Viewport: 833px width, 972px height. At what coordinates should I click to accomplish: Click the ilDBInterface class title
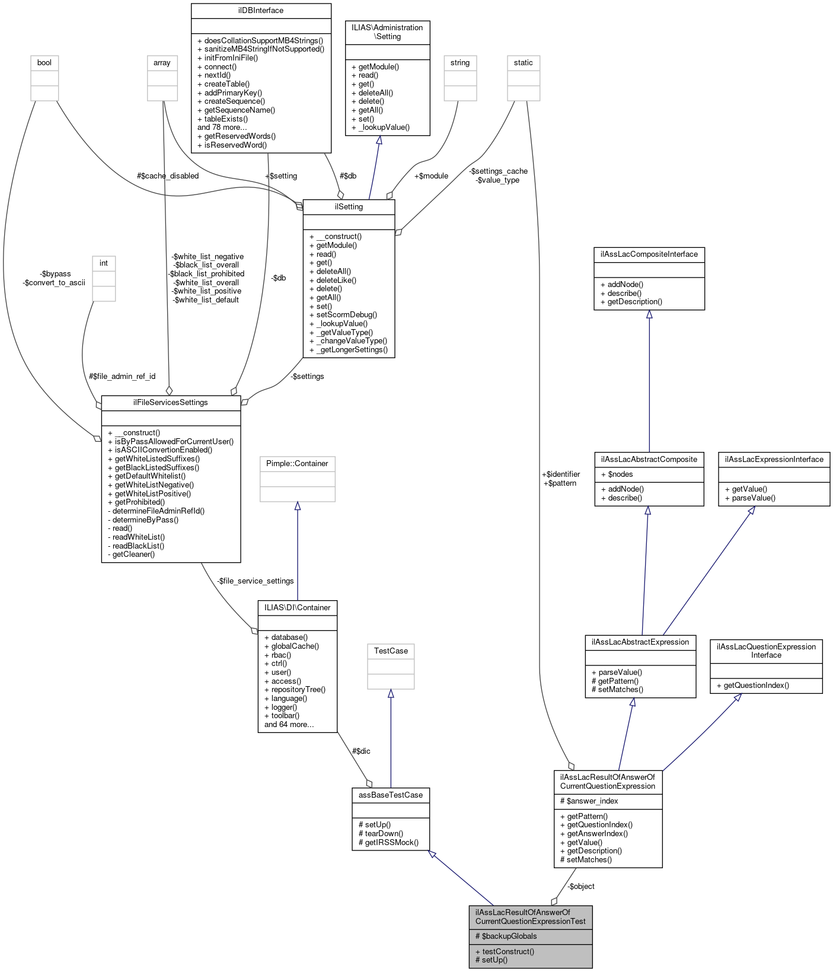click(260, 11)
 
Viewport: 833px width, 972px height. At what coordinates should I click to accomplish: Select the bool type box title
click(44, 63)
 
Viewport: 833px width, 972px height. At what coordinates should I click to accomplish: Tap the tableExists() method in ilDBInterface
click(222, 119)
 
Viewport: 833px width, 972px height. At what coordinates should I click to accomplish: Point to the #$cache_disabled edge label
click(168, 176)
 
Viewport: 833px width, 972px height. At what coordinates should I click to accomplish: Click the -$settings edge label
click(307, 377)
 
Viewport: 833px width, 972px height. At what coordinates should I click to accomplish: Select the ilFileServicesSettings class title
click(171, 403)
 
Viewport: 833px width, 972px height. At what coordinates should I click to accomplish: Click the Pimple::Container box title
click(297, 464)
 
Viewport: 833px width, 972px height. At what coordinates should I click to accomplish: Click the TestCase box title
click(391, 651)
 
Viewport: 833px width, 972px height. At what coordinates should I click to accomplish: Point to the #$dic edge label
click(361, 751)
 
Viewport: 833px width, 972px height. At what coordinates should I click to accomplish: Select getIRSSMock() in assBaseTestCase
click(388, 842)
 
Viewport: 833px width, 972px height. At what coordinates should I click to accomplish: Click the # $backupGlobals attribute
click(506, 936)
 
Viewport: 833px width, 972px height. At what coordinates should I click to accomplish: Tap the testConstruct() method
click(505, 951)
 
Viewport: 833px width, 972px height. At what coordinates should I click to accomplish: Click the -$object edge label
click(580, 887)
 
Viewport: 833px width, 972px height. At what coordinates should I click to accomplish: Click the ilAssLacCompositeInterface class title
click(649, 254)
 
